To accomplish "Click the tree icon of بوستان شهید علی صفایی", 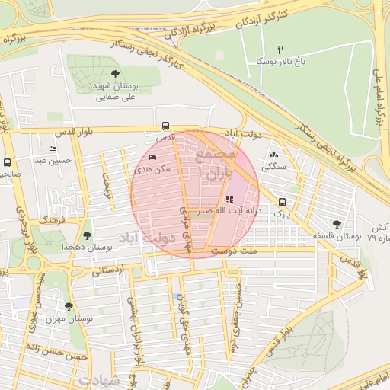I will point(115,74).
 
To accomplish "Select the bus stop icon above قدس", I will point(165,126).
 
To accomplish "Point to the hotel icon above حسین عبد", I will point(53,149).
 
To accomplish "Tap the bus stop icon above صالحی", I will point(8,162).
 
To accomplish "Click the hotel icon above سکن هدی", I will point(154,158).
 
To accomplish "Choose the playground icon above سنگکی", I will point(274,154).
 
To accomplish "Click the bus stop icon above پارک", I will point(283,203).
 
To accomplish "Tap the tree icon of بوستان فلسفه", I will point(337,224).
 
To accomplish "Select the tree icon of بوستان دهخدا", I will point(87,235).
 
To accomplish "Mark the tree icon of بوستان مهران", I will point(69,306).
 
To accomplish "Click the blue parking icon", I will point(178,296).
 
